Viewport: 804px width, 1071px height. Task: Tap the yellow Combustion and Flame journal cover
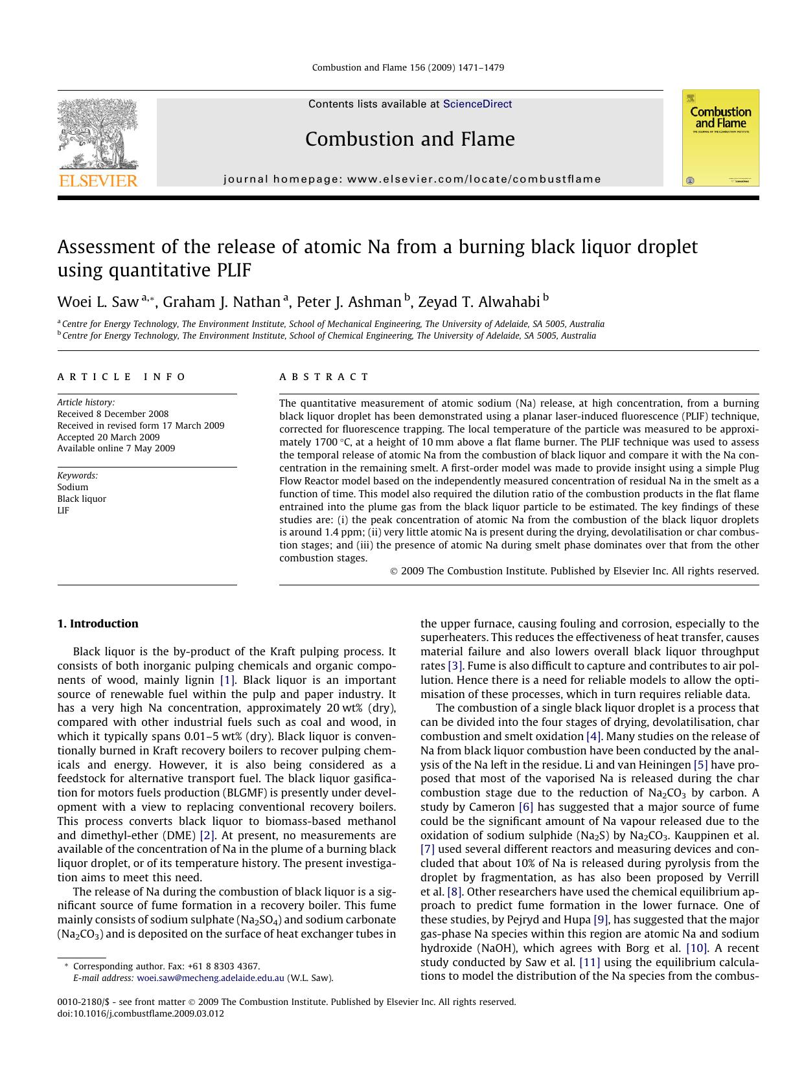click(x=720, y=138)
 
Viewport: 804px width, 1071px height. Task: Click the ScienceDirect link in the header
click(x=477, y=104)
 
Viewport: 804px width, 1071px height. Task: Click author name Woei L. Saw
click(x=98, y=302)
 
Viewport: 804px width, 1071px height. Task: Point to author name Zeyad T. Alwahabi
click(x=478, y=302)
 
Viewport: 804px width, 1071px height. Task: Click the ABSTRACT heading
click(x=324, y=377)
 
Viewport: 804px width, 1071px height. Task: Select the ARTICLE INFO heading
click(x=121, y=377)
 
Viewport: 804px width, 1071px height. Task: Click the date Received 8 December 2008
click(x=113, y=414)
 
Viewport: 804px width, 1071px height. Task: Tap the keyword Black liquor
click(x=82, y=499)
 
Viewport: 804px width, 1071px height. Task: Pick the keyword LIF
click(x=63, y=510)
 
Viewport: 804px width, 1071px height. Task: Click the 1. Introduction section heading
click(x=98, y=624)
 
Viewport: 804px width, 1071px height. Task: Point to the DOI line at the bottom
click(x=141, y=1013)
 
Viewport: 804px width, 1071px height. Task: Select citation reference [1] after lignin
click(x=227, y=680)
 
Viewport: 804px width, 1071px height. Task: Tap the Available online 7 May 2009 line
click(x=116, y=448)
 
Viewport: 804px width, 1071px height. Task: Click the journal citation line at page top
click(x=408, y=67)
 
